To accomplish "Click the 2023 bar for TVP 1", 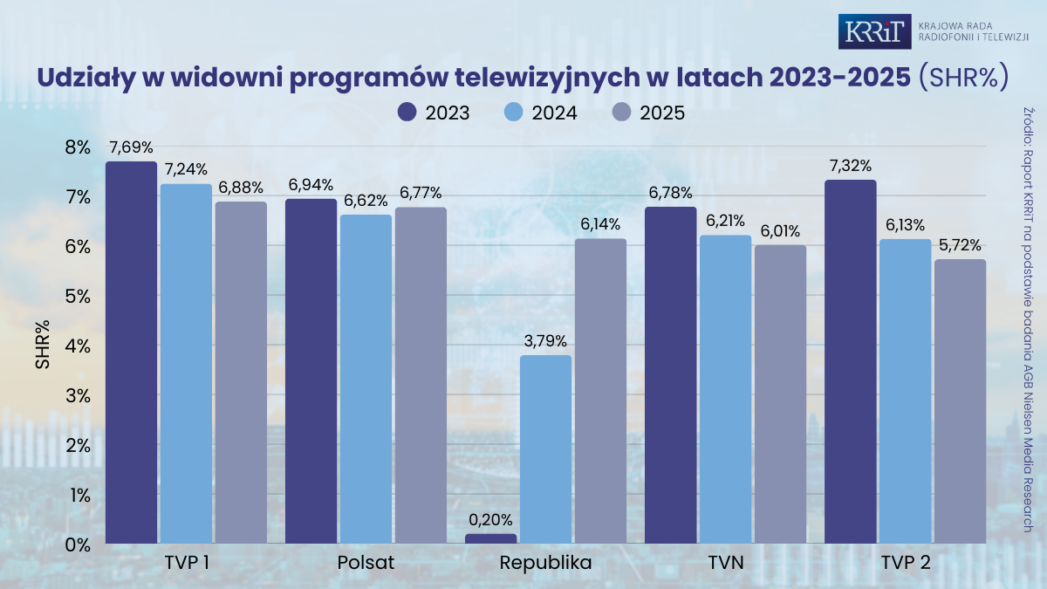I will tap(131, 353).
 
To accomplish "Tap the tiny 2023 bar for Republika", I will tap(490, 538).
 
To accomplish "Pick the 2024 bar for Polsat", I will tap(366, 379).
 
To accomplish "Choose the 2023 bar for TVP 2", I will tap(850, 361).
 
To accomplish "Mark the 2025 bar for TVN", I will tap(780, 394).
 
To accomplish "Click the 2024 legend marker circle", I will tap(515, 113).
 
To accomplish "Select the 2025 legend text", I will tap(662, 113).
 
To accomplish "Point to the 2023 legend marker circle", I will tap(407, 113).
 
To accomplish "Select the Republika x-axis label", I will tap(545, 563).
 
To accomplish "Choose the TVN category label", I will tap(726, 563).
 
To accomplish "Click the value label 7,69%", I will tap(132, 147).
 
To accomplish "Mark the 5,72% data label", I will tap(960, 244).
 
